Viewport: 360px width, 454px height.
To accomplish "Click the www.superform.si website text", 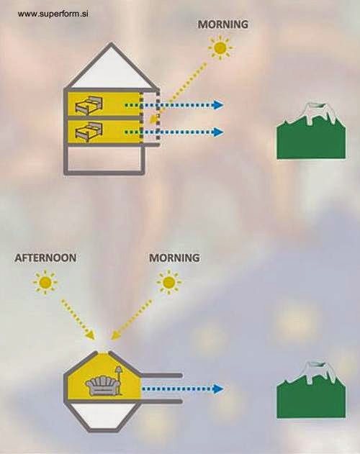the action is coord(53,14).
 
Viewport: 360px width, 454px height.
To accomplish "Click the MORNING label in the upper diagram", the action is coord(223,24).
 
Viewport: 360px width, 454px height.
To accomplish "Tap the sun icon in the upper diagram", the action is coord(220,47).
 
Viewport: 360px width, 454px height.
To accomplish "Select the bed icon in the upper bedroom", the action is coord(89,104).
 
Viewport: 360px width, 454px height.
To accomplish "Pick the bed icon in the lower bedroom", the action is coord(89,131).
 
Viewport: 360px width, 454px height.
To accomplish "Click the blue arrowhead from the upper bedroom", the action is coord(218,105).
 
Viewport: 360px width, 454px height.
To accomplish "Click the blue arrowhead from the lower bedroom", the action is coord(218,132).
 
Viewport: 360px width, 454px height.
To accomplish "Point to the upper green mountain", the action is coord(311,131).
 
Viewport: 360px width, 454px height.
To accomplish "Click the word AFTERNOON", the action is coord(45,258).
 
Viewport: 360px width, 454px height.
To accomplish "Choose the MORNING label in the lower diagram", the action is coord(174,258).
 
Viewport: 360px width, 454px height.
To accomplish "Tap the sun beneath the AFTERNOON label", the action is coord(45,282).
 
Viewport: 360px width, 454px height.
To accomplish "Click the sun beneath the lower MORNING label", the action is coord(168,282).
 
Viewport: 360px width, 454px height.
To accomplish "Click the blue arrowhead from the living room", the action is coord(218,389).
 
